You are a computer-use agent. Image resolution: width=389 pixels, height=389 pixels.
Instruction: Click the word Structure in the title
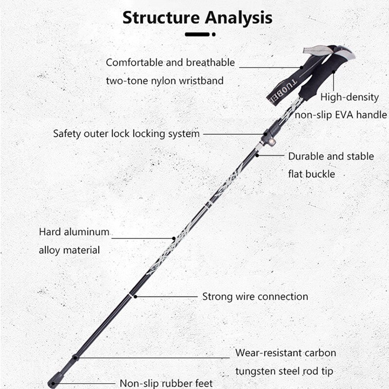coord(160,18)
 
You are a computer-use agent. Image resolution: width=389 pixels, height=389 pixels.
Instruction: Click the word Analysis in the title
coord(238,18)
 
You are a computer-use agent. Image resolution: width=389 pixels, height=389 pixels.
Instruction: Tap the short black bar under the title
coord(197,35)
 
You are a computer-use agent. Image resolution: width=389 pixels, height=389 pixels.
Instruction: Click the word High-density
coord(349,97)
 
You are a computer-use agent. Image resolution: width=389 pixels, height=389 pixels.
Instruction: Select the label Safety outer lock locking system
coord(126,133)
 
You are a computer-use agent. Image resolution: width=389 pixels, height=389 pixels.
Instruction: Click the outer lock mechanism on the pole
coord(270,132)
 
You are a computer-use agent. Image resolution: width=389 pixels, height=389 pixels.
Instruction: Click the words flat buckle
coord(312,174)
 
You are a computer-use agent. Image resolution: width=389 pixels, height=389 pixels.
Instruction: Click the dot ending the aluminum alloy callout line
coord(174,238)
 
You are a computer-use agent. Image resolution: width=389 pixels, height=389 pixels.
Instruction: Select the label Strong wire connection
coord(255,296)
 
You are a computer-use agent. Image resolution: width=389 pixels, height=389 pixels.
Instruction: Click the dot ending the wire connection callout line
coord(134,296)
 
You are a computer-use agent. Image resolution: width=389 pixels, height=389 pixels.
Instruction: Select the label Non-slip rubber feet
coord(166,383)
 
